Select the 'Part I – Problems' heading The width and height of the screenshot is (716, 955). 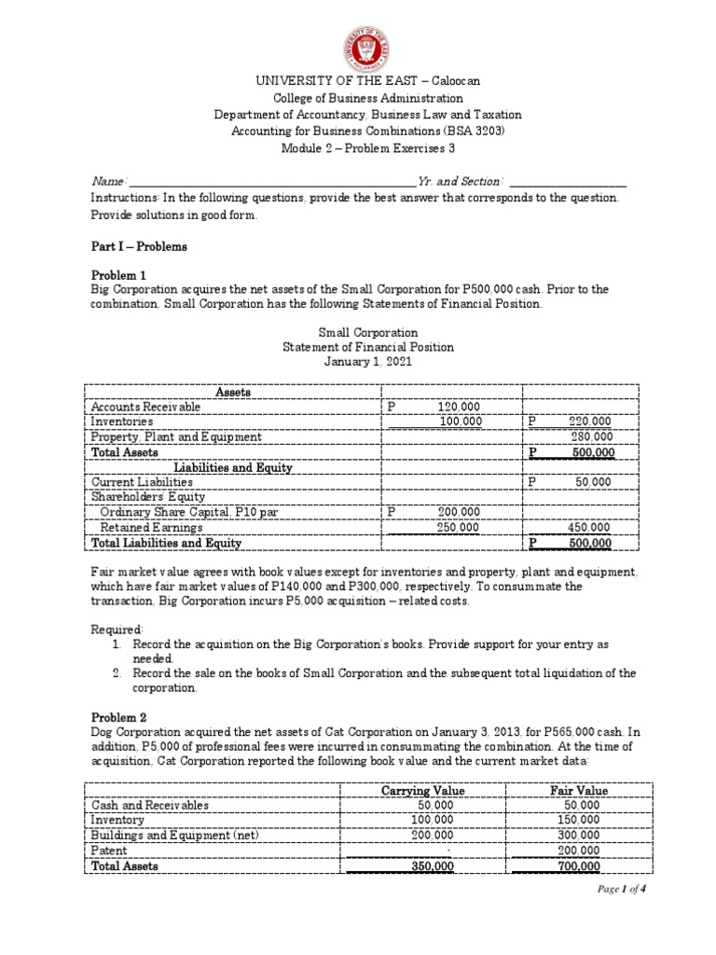pos(139,246)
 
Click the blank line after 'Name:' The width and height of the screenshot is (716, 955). pos(270,182)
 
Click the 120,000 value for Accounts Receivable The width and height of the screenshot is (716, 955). pos(459,407)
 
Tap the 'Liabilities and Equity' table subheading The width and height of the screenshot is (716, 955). pos(233,467)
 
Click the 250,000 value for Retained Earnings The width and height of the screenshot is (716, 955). pos(459,527)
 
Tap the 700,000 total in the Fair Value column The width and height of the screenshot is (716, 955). pos(578,865)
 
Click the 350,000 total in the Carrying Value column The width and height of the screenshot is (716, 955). pos(430,865)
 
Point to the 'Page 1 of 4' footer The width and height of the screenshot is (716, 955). pos(622,915)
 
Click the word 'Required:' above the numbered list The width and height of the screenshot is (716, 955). pos(117,629)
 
